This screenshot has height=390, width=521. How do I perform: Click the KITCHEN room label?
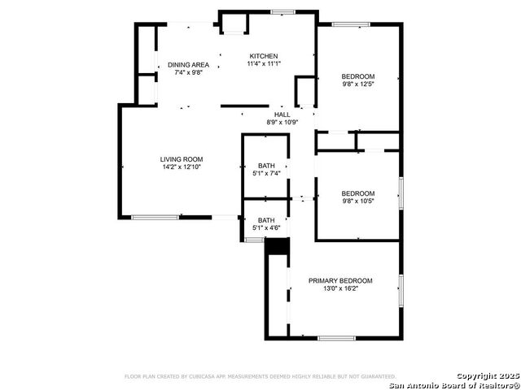coord(264,56)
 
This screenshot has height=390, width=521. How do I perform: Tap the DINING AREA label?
coord(188,65)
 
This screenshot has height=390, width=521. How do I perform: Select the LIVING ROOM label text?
coord(182,159)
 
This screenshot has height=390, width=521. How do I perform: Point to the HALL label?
coord(282,115)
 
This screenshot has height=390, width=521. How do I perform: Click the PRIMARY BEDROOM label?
coord(340,281)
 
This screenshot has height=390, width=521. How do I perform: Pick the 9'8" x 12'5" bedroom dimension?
coord(358,84)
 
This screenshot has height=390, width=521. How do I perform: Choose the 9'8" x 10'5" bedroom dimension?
coord(358,201)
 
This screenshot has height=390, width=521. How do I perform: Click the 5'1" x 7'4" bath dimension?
coord(266,173)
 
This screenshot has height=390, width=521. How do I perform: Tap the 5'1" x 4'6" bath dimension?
coord(266,227)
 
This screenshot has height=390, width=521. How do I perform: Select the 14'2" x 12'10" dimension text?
coord(182,167)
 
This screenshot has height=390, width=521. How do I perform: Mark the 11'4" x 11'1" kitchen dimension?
coord(264,63)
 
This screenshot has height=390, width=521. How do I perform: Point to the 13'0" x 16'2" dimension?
coord(340,288)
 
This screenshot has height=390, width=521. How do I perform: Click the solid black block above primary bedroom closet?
coord(278,246)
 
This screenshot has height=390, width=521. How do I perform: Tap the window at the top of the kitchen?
coord(282,12)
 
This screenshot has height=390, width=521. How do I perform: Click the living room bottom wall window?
coord(155,218)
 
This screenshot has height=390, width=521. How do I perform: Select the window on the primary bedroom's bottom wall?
coord(336,338)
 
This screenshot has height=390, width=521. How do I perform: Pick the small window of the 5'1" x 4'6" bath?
coord(254,240)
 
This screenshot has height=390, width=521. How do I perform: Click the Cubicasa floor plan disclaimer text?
coord(260,377)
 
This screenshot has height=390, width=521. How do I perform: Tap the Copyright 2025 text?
coord(488,376)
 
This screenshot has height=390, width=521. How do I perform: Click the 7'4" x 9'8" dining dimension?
coord(188,72)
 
